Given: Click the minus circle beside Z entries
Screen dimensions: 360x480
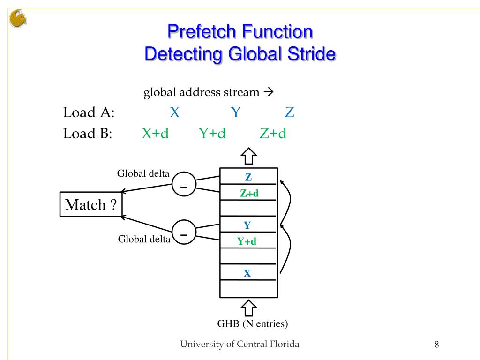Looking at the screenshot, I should click(x=184, y=184).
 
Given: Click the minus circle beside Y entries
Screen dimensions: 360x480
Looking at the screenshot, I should click(x=184, y=232).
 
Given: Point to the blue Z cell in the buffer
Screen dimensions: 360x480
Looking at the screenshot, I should click(x=248, y=177).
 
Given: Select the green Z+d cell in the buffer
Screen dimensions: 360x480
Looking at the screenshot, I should click(x=249, y=193).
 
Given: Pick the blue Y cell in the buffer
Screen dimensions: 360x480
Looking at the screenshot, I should click(x=247, y=225).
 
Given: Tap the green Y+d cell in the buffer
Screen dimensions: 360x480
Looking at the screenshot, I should click(x=247, y=241).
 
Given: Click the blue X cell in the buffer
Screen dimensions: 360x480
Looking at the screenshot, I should click(x=247, y=273).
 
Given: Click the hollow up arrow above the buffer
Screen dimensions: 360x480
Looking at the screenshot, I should click(x=248, y=156).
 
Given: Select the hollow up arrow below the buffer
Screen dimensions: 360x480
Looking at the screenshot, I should click(x=248, y=308).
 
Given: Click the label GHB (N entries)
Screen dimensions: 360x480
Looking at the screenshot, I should click(x=252, y=324).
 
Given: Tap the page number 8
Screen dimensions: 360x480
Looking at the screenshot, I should click(x=436, y=345).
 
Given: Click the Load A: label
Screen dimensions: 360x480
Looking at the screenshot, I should click(x=89, y=113).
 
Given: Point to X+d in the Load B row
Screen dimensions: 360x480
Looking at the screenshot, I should click(x=155, y=134).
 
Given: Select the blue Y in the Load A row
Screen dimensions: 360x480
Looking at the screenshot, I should click(x=236, y=112).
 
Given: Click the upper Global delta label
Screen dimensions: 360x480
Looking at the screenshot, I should click(x=143, y=173).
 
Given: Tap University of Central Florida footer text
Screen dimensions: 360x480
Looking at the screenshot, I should click(x=240, y=345).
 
